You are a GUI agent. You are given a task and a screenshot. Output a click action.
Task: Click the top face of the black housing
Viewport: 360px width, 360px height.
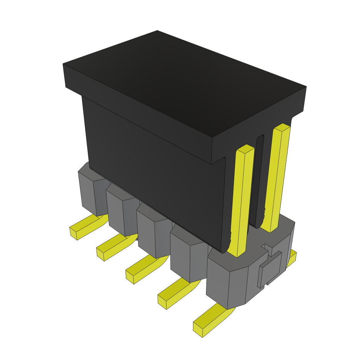pyautogui.click(x=183, y=81)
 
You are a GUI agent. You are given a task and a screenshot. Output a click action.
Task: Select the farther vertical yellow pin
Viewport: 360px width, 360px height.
pyautogui.click(x=278, y=176)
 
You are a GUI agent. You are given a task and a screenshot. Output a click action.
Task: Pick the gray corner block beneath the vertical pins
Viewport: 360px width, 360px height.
pyautogui.click(x=232, y=281)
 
